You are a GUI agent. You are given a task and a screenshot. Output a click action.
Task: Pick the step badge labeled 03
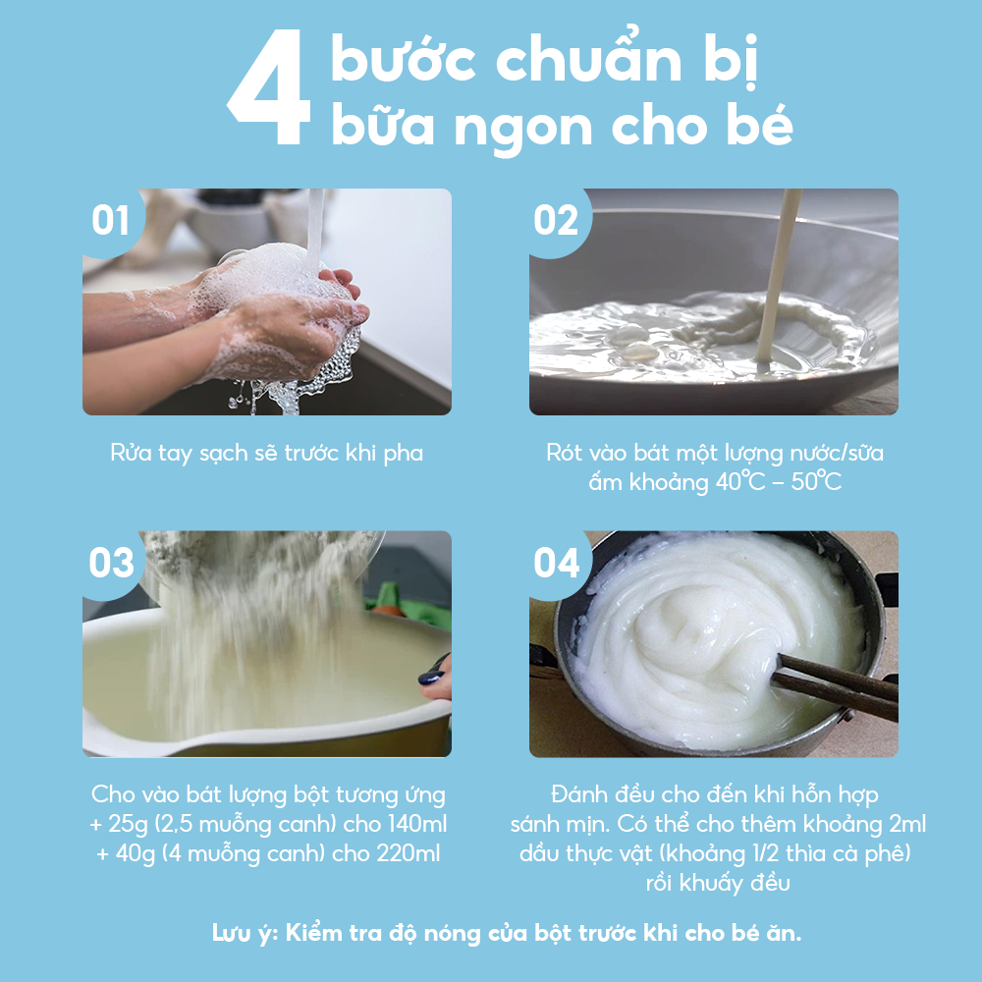pyautogui.click(x=111, y=564)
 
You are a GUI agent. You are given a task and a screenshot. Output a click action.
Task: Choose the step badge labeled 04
pyautogui.click(x=557, y=564)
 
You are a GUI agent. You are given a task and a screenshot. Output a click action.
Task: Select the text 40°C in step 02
pyautogui.click(x=739, y=484)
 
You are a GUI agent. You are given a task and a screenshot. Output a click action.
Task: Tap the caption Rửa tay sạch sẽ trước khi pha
pyautogui.click(x=266, y=454)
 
